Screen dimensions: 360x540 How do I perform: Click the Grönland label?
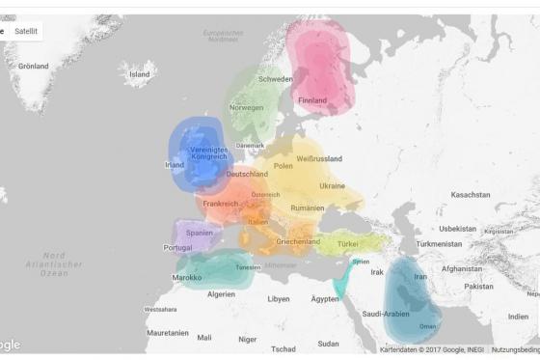33,67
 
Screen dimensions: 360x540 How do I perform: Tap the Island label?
140,74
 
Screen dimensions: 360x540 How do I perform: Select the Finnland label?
312,99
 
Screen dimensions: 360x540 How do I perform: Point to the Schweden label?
275,79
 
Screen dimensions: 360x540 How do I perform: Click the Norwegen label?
246,107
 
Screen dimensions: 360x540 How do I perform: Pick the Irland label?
175,165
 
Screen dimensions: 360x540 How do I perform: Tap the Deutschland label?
248,174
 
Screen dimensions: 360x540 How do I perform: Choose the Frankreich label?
221,204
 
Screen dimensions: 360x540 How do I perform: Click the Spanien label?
200,233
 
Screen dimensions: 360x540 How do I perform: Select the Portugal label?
178,247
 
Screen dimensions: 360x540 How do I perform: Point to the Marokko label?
187,277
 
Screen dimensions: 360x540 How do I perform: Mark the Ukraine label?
332,185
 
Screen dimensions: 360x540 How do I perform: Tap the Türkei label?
347,244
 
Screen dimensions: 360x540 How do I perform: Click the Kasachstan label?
471,195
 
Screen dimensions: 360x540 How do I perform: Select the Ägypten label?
325,299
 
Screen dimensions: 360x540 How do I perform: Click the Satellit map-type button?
26,32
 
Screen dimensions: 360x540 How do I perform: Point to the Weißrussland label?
319,157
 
